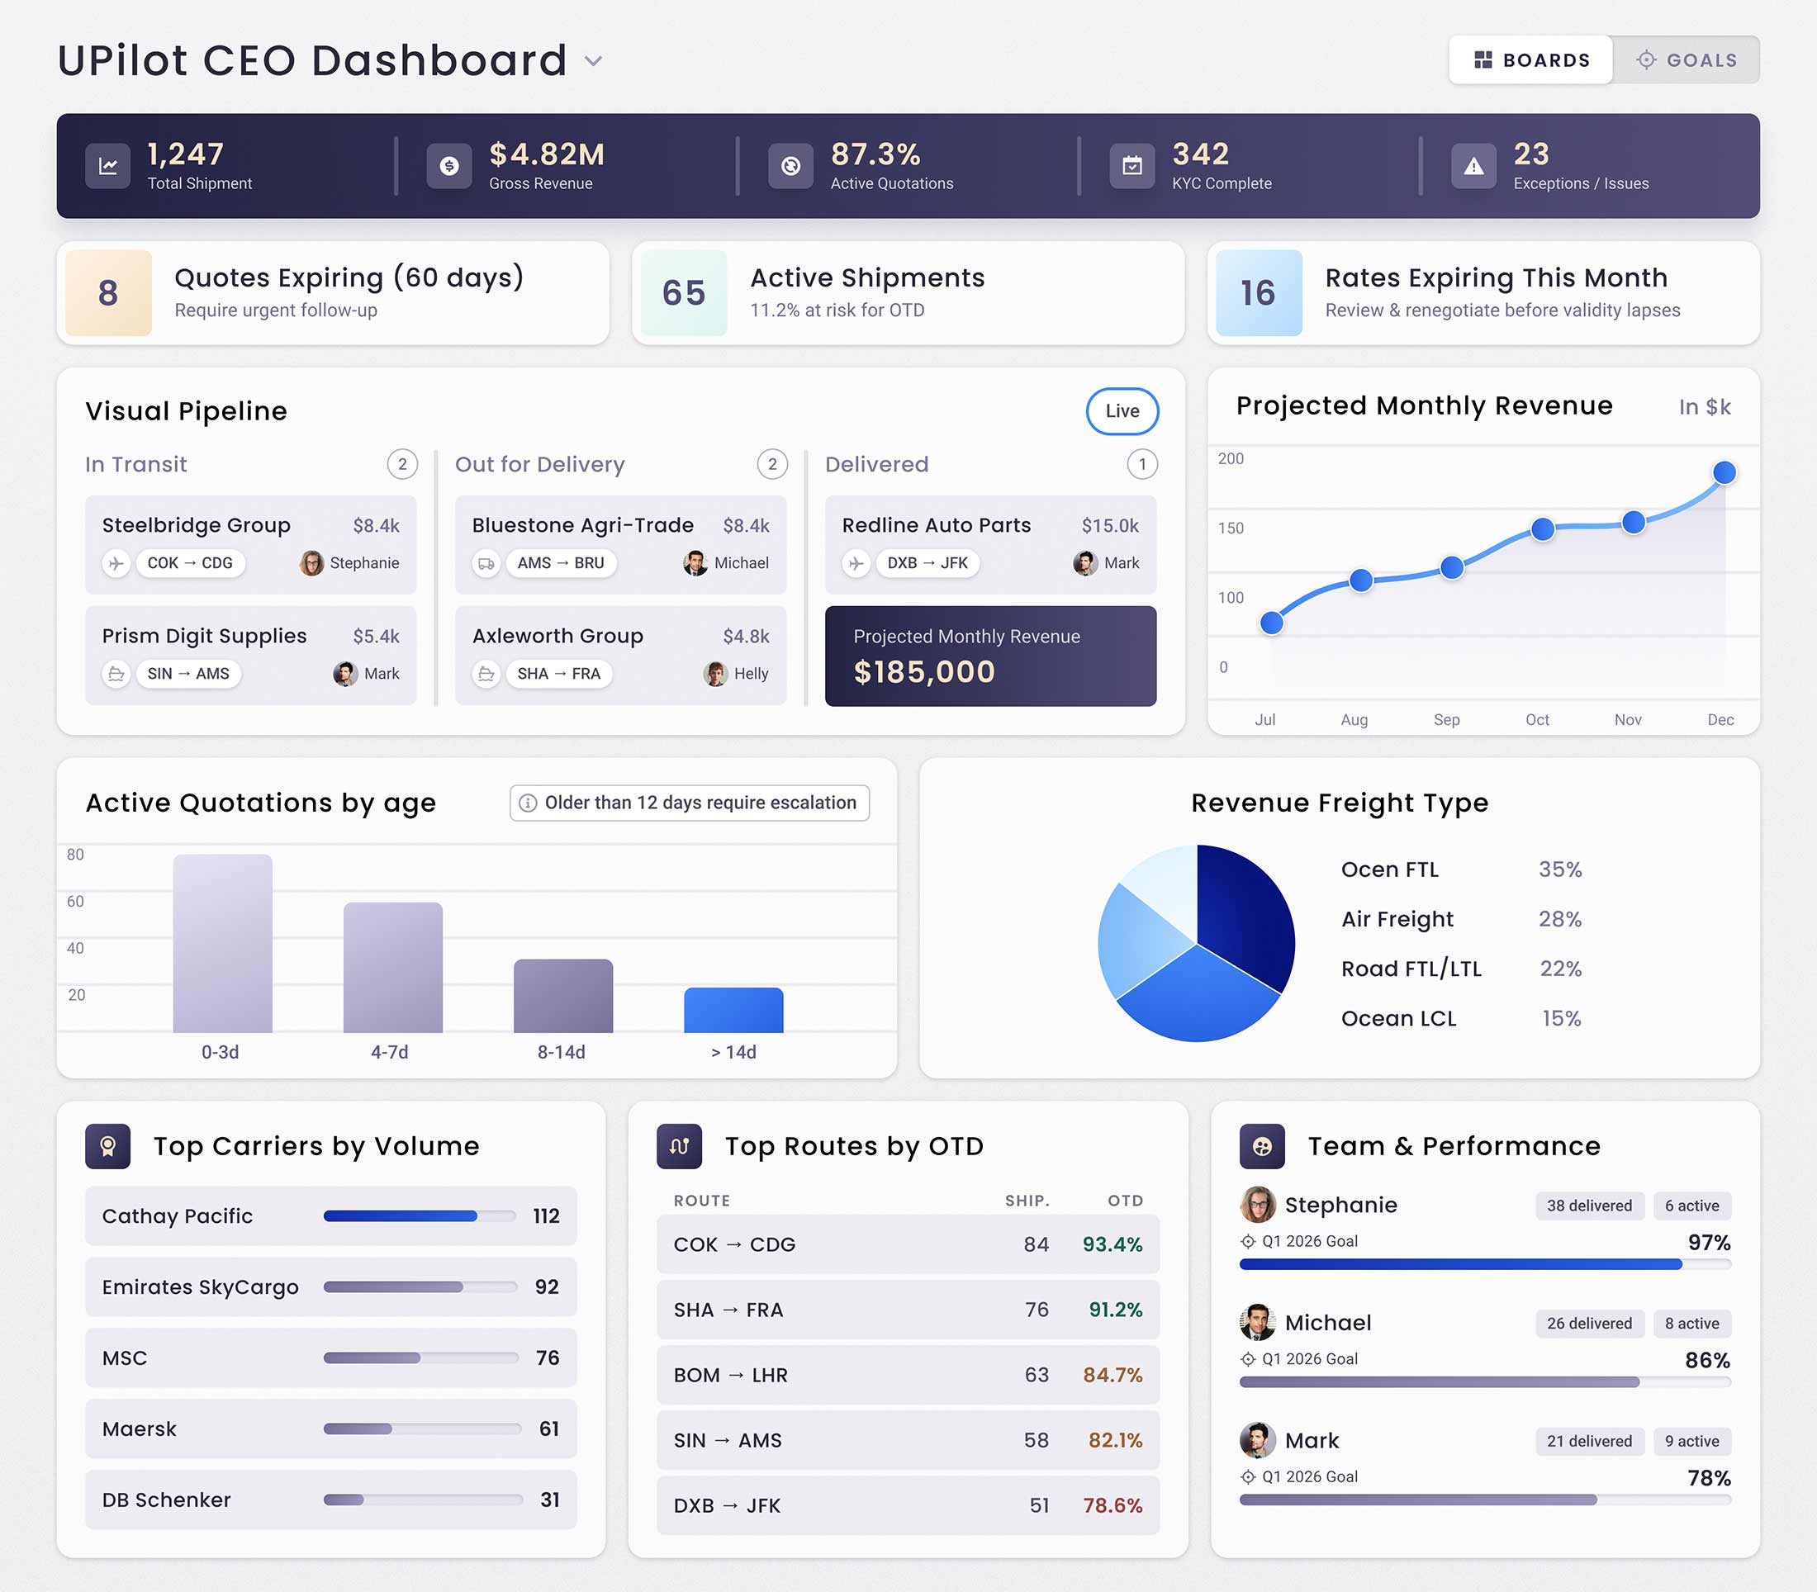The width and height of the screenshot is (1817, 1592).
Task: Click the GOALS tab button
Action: pyautogui.click(x=1686, y=60)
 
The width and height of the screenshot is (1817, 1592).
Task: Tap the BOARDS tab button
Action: pyautogui.click(x=1531, y=60)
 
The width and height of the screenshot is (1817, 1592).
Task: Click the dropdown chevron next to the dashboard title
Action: pyautogui.click(x=594, y=61)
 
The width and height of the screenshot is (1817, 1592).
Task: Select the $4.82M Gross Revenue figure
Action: pyautogui.click(x=547, y=154)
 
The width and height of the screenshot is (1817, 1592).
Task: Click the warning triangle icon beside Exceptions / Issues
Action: pyautogui.click(x=1473, y=166)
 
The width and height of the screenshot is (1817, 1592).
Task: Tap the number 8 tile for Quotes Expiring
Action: pyautogui.click(x=108, y=293)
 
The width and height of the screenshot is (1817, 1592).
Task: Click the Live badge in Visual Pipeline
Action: pyautogui.click(x=1122, y=411)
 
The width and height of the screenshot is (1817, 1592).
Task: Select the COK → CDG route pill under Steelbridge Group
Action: pyautogui.click(x=190, y=563)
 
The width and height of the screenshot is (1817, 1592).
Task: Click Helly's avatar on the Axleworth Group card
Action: pyautogui.click(x=715, y=674)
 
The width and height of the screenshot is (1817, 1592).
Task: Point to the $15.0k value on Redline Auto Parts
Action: pyautogui.click(x=1109, y=526)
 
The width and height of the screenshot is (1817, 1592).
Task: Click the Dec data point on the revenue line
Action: pyautogui.click(x=1724, y=472)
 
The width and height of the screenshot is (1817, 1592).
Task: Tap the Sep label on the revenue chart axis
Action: pyautogui.click(x=1445, y=719)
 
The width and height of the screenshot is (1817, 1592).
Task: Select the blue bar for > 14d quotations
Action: pyautogui.click(x=733, y=1010)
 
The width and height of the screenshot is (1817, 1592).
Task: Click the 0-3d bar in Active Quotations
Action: pyautogui.click(x=222, y=944)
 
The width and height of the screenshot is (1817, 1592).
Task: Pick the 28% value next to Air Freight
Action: pyautogui.click(x=1559, y=920)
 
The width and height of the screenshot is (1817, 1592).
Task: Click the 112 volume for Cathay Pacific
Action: pyautogui.click(x=546, y=1216)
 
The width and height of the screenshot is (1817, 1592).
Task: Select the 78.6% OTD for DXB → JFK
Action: pyautogui.click(x=1112, y=1506)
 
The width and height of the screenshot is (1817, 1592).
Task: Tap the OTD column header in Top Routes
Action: pyautogui.click(x=1124, y=1201)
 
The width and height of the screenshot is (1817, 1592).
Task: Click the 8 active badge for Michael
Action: pyautogui.click(x=1691, y=1324)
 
